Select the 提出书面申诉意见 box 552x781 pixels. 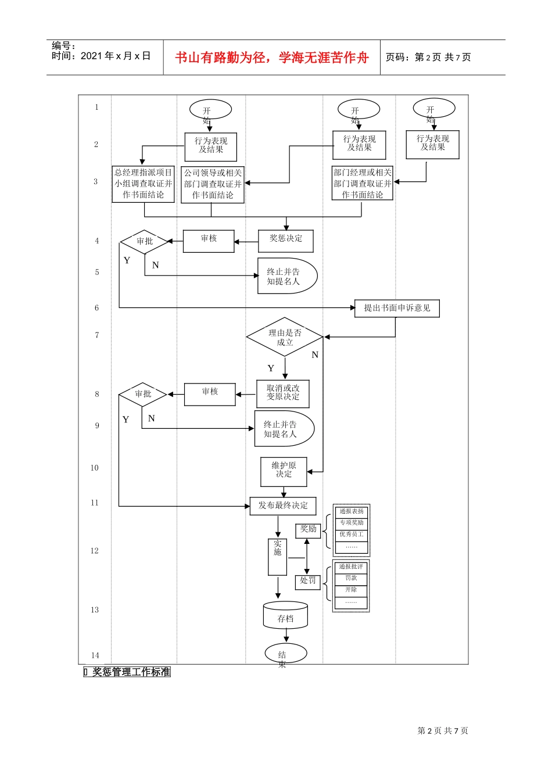pos(397,309)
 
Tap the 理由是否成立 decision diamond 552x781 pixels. pos(285,337)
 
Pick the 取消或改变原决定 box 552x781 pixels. pos(283,393)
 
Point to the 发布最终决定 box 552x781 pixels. pos(283,506)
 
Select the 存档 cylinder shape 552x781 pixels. pos(285,616)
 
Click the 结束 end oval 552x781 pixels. pos(285,654)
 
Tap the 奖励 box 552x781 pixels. pos(308,529)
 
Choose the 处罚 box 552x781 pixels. pos(308,581)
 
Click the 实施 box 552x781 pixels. pos(278,557)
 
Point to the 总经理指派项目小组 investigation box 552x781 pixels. pos(143,184)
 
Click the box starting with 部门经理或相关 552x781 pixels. pos(363,184)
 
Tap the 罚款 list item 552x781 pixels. pos(352,579)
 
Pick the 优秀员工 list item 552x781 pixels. pos(352,535)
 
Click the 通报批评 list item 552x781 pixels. pos(352,567)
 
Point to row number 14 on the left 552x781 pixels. pos(95,655)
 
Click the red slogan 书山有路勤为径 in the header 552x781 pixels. pos(272,58)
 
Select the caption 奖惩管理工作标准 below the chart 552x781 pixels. pos(131,672)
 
